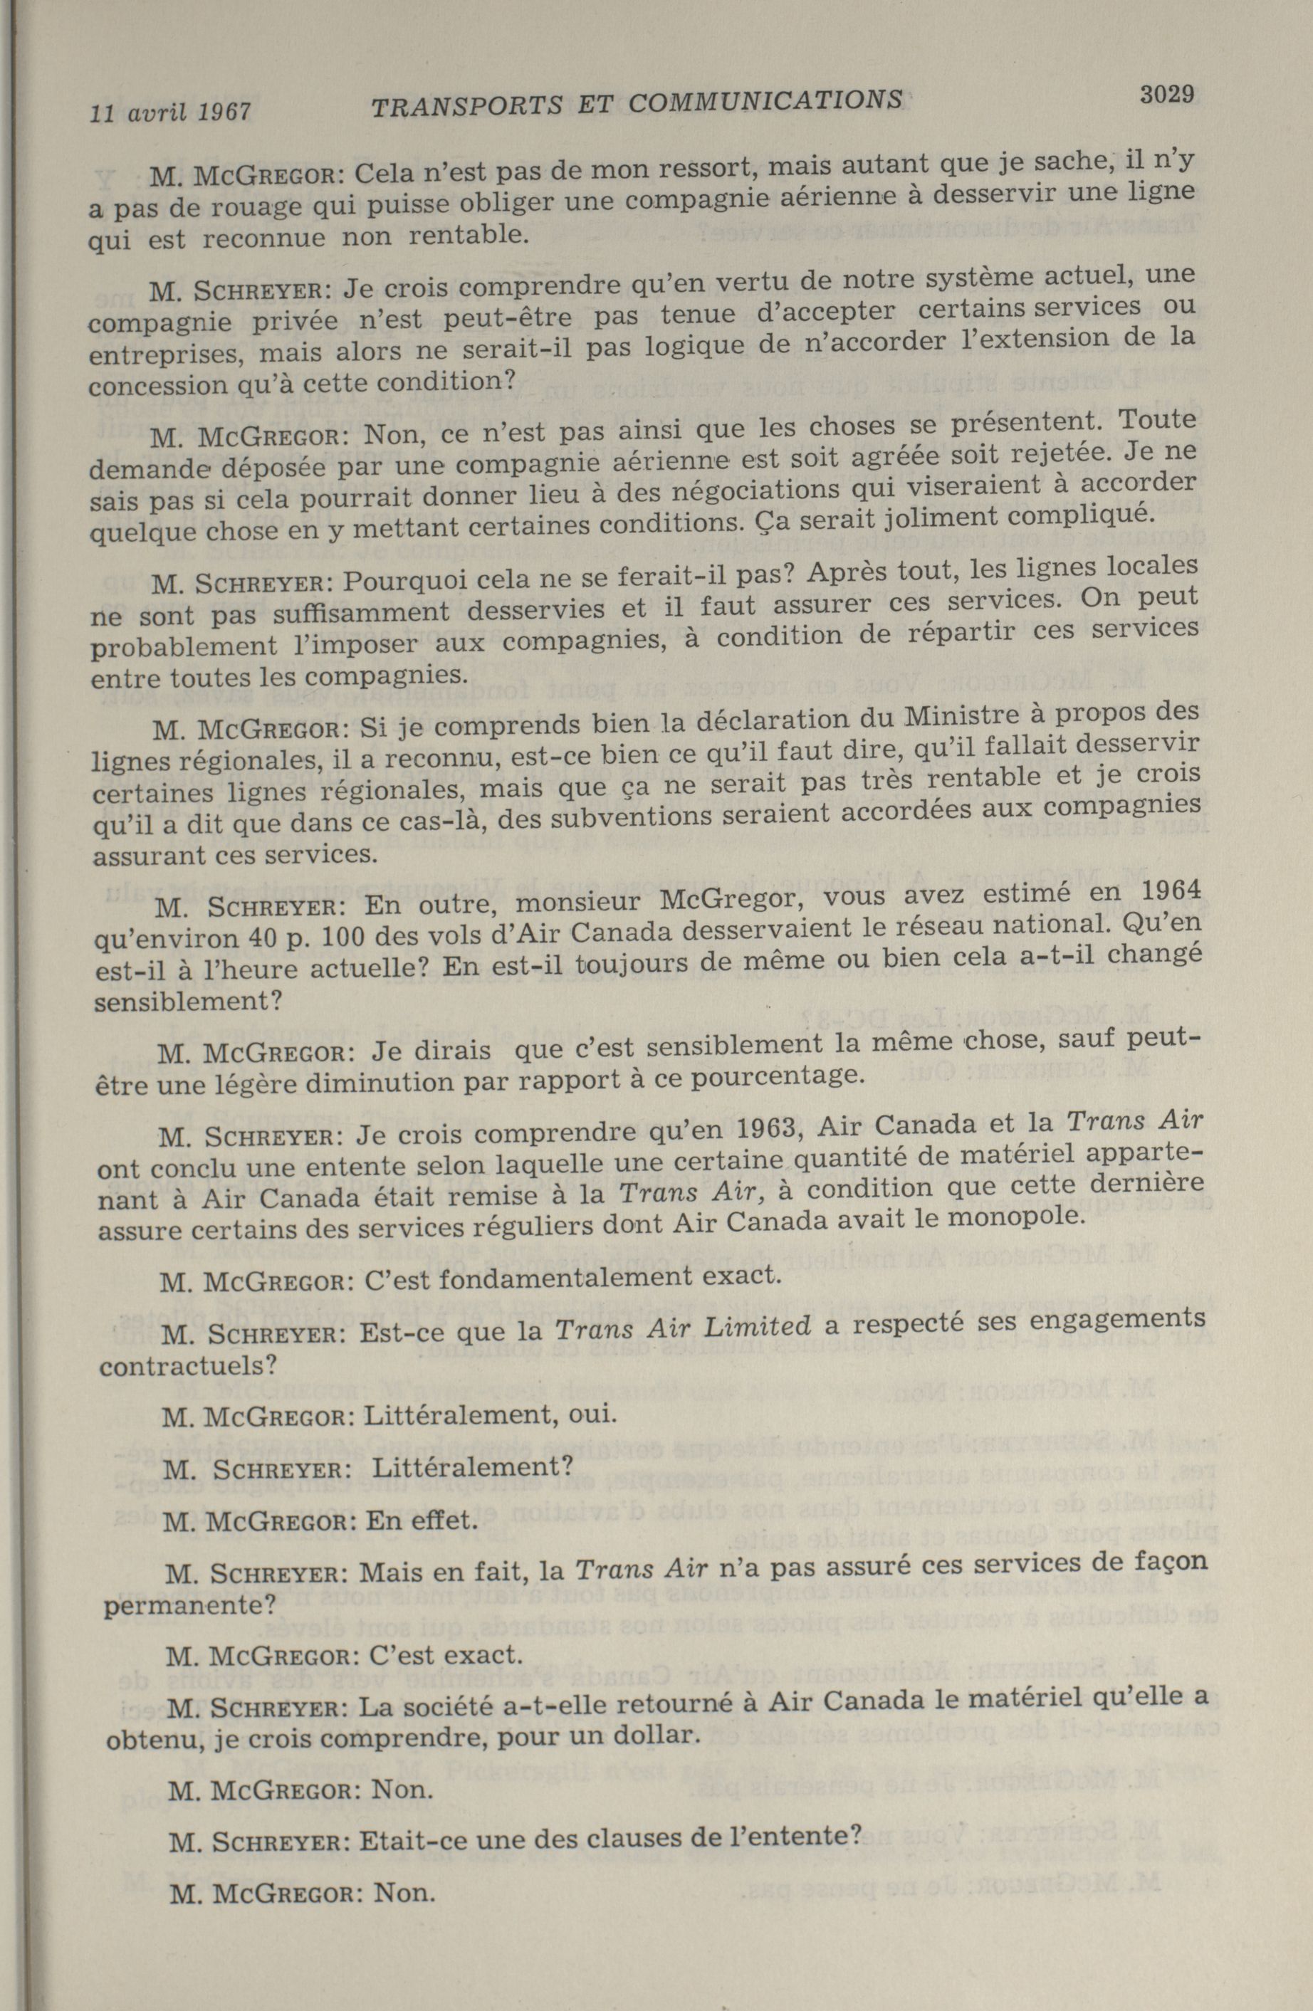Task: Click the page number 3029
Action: point(1166,95)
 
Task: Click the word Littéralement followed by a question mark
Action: point(471,1467)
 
